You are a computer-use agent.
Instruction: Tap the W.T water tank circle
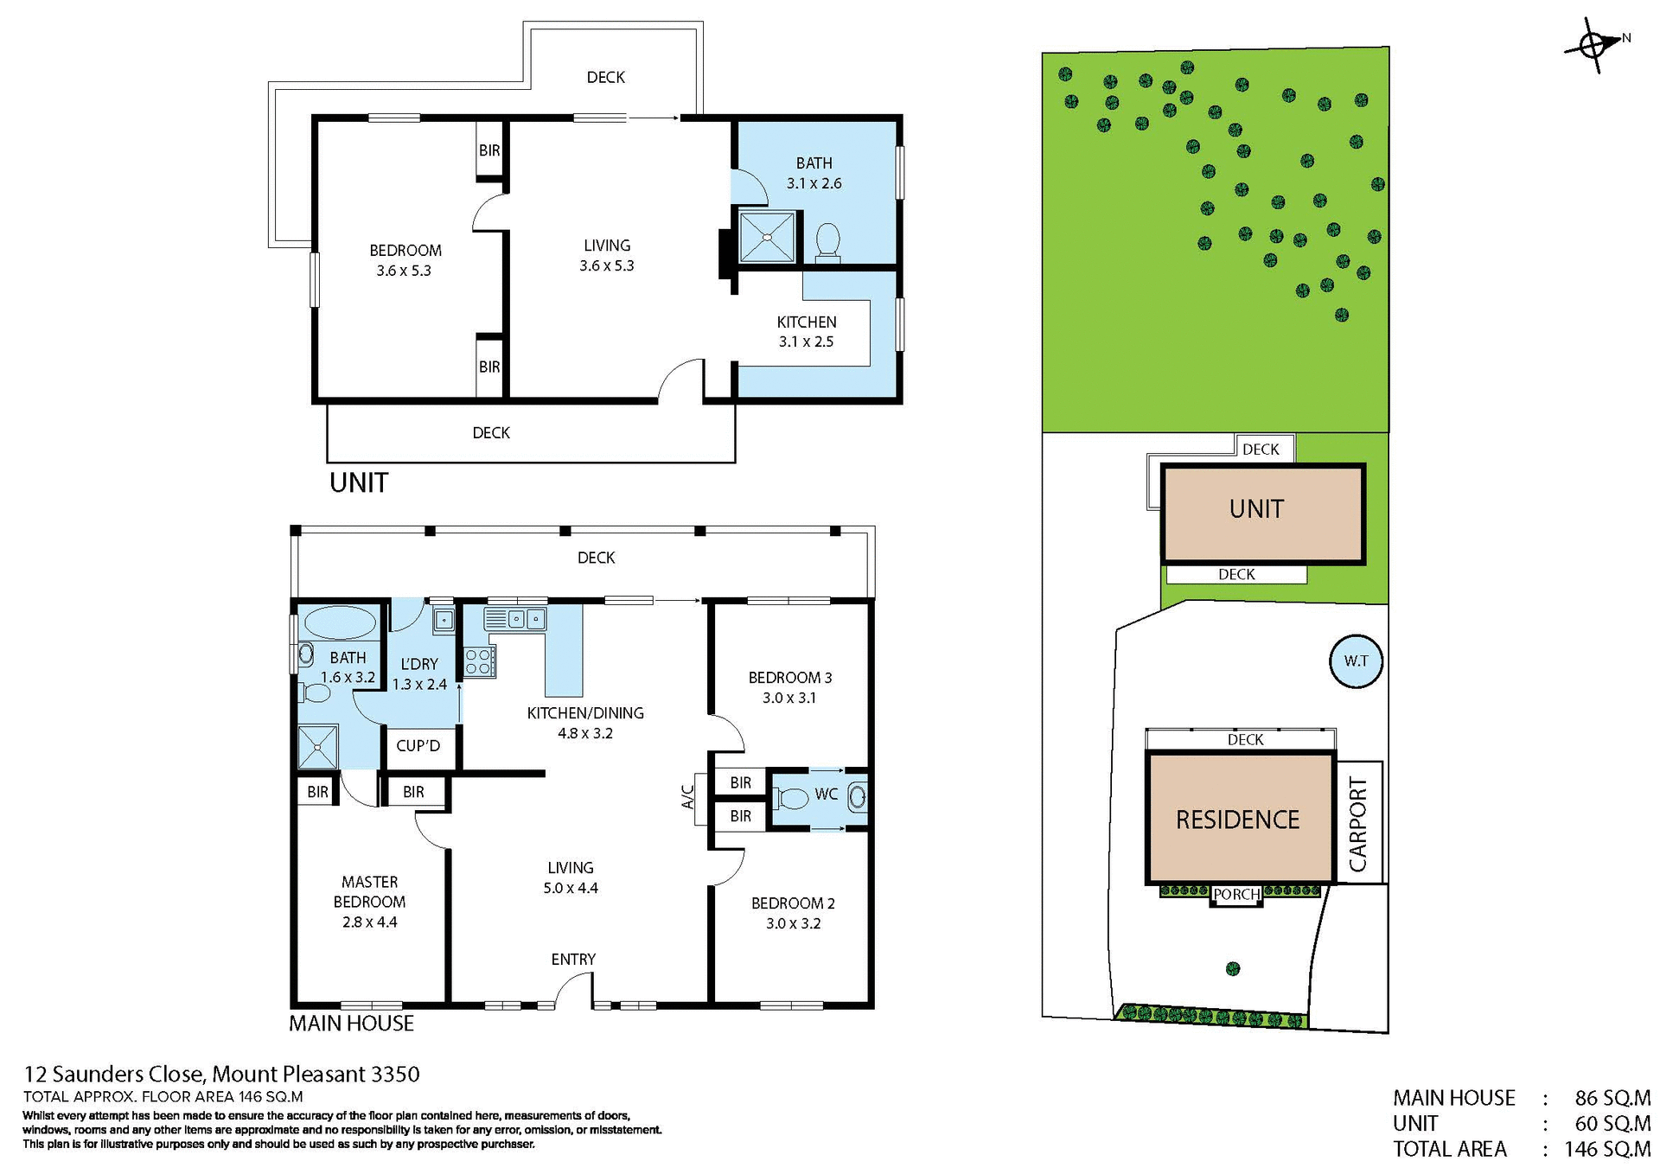click(x=1355, y=661)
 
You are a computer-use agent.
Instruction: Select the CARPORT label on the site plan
click(x=1358, y=824)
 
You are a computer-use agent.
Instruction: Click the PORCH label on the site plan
click(x=1235, y=895)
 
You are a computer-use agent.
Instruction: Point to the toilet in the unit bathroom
click(x=827, y=241)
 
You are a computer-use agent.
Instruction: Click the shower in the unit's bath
click(x=766, y=236)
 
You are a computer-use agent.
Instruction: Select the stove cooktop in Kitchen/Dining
click(x=479, y=662)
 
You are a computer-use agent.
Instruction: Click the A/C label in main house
click(x=688, y=796)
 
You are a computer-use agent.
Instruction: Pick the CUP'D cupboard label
click(x=418, y=746)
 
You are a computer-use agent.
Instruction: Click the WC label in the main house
click(x=826, y=794)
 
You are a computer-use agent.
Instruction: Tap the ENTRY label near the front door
click(x=573, y=960)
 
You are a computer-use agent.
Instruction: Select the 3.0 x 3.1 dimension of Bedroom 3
click(x=788, y=698)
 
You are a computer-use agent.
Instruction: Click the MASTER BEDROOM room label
click(x=369, y=891)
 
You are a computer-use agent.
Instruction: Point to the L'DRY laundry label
click(x=419, y=664)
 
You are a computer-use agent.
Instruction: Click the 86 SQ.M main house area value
click(x=1612, y=1098)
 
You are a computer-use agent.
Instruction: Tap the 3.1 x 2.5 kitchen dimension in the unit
click(x=806, y=341)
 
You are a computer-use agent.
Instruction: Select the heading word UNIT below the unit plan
click(x=359, y=482)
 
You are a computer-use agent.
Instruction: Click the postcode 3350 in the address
click(x=395, y=1075)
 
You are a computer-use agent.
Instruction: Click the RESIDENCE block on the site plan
click(x=1237, y=820)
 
